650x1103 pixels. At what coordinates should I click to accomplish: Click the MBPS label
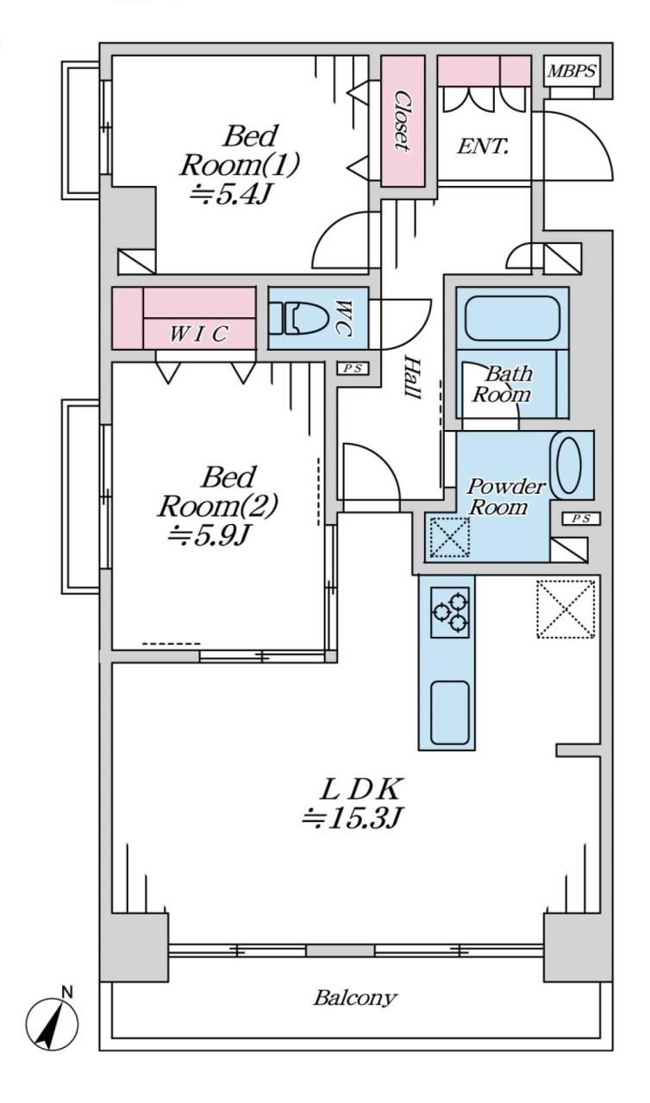click(572, 72)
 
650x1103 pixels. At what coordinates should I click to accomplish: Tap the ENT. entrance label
click(483, 146)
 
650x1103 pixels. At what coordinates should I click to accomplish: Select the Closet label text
click(403, 121)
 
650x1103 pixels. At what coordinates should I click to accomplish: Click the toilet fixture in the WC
click(299, 318)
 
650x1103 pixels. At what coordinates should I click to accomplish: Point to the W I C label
click(198, 334)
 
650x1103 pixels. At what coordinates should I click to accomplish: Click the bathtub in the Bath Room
click(513, 318)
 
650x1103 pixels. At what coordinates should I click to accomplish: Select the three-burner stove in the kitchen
click(450, 612)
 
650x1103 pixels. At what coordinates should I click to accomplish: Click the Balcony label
click(355, 999)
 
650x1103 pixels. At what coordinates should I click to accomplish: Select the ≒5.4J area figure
click(231, 195)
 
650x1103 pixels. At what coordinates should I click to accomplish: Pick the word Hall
click(413, 377)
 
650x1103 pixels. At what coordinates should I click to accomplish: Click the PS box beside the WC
click(353, 368)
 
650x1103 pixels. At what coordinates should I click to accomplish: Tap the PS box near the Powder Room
click(582, 519)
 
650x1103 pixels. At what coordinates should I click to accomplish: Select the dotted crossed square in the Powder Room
click(450, 537)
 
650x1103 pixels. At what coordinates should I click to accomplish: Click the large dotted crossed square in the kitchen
click(566, 609)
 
